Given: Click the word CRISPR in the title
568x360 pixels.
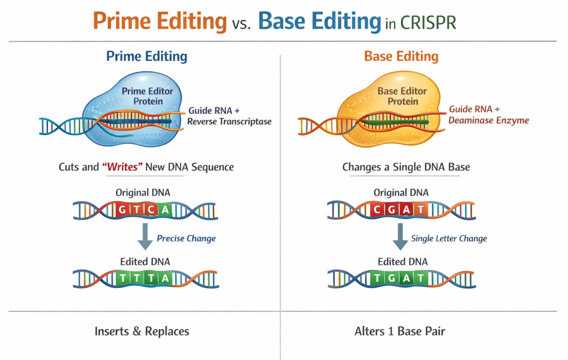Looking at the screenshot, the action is pos(428,23).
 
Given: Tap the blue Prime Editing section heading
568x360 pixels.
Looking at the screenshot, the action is pos(147,56).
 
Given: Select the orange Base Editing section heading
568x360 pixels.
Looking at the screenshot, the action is pos(401,56).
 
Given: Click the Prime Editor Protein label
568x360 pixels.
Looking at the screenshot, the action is pos(147,96).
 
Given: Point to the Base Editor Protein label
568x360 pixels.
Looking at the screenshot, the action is pos(402,96).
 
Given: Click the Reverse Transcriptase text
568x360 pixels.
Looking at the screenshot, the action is pos(229,121).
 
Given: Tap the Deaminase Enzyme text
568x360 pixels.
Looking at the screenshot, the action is pos(489,120).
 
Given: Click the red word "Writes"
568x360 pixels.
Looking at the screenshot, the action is pos(122,167).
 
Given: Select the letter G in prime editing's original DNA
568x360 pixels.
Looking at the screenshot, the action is pos(122,210).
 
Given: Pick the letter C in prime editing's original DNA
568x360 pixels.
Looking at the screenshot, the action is pos(151,210).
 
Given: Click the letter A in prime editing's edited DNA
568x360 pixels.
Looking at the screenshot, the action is pos(165,278).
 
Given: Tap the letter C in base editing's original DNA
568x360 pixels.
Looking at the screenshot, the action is pos(377,210).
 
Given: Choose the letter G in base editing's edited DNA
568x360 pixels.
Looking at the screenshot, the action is pos(391,278).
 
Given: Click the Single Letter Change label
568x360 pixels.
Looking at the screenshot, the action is pos(449,238).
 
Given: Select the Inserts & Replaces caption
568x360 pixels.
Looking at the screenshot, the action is pos(142,331).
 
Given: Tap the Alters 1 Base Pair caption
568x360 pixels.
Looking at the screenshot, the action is pos(400,331).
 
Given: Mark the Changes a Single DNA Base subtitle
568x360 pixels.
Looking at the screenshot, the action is pos(406,167).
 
